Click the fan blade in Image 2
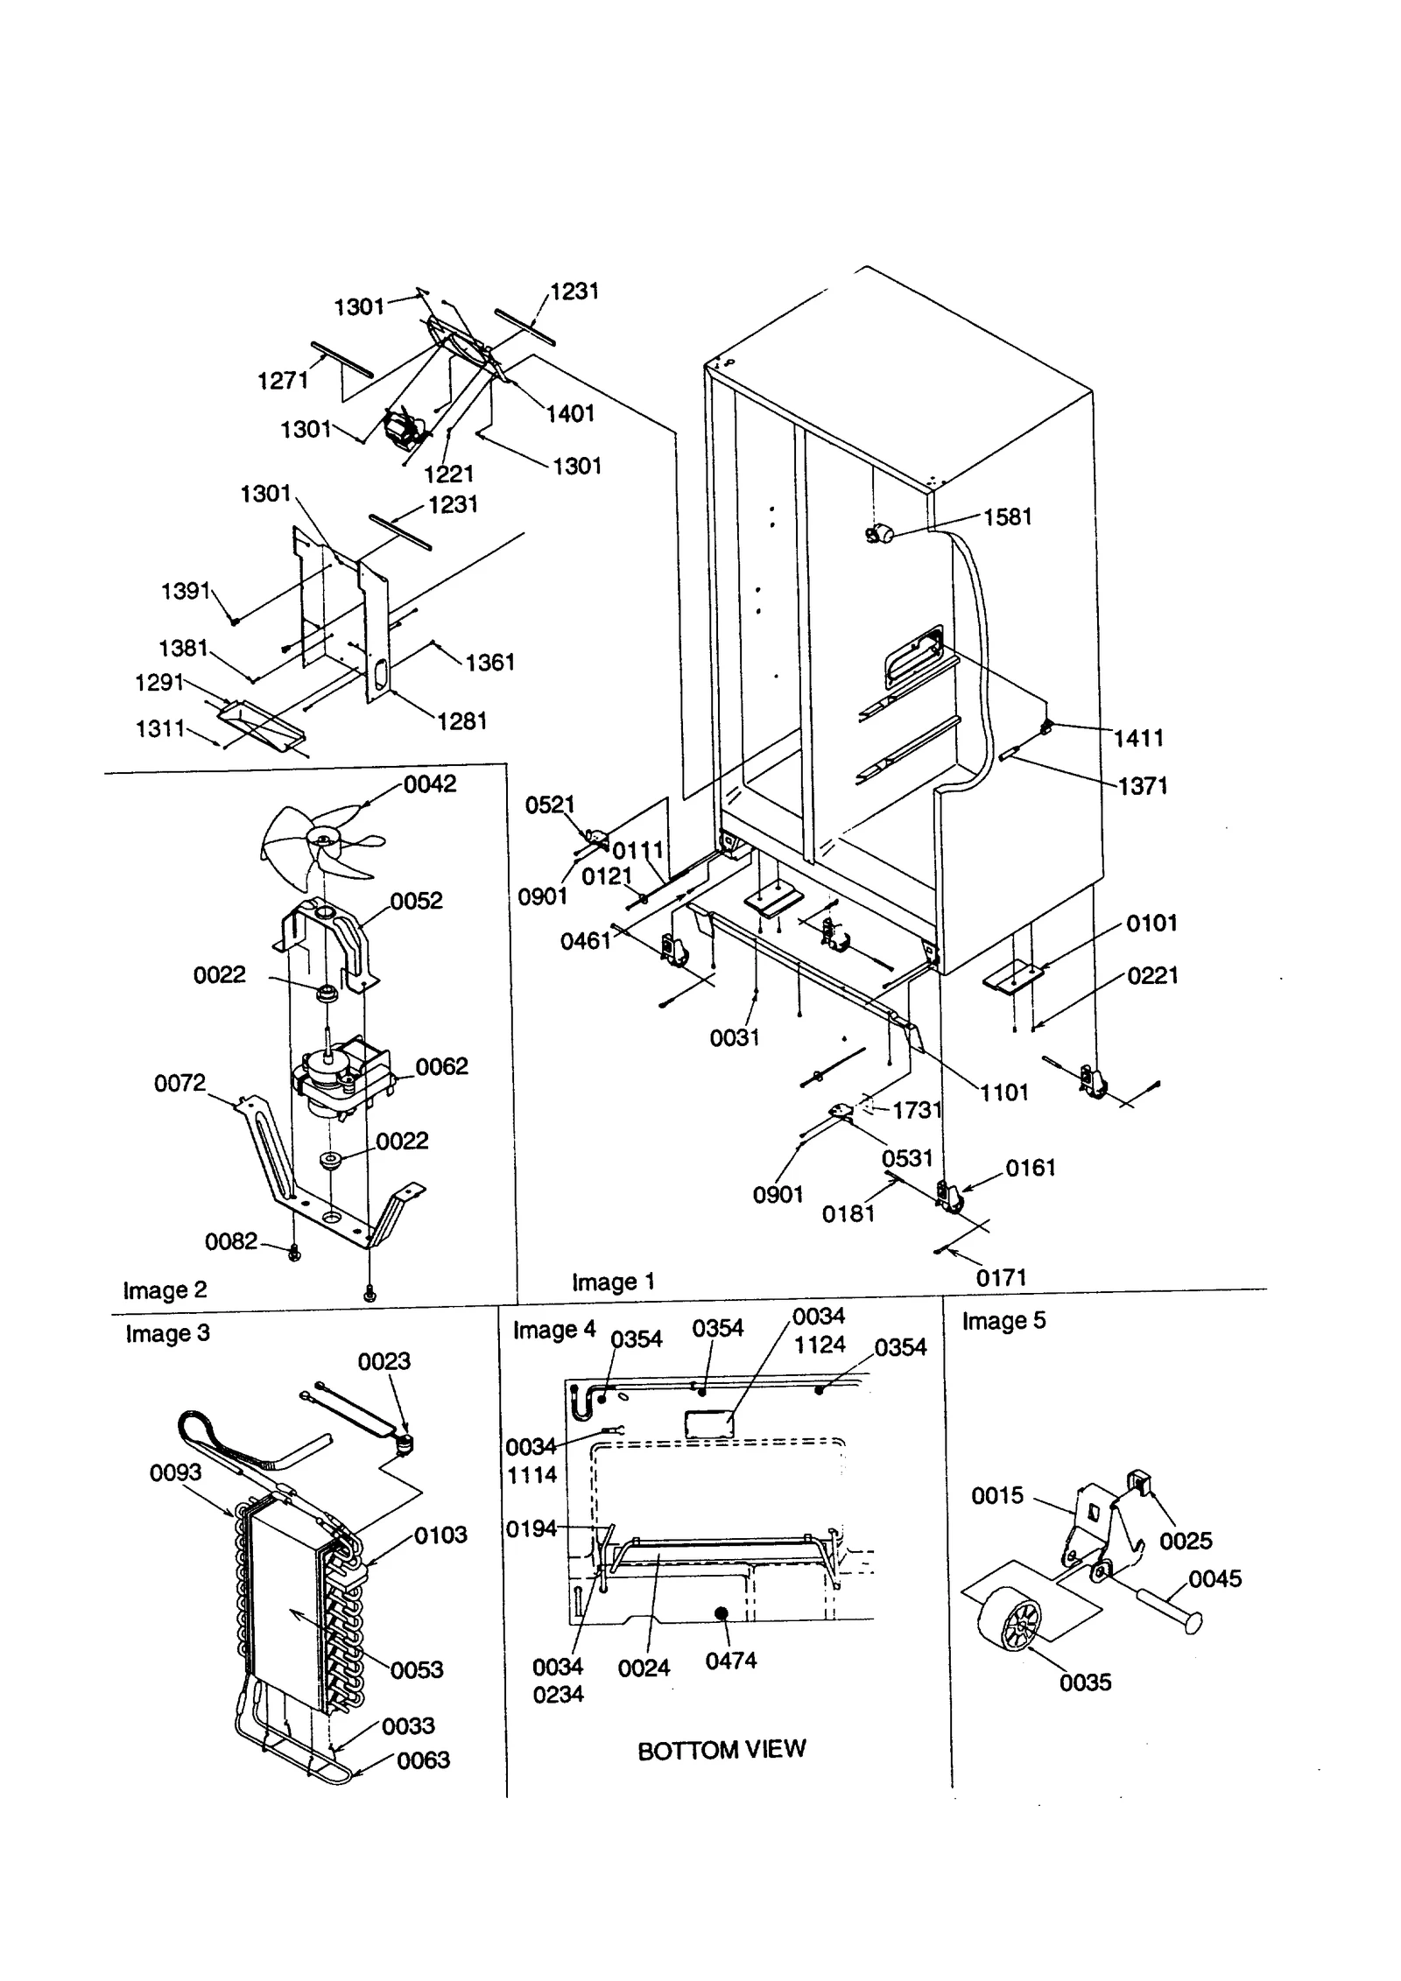[x=320, y=842]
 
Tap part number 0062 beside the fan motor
[x=441, y=1066]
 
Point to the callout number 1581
[x=1007, y=517]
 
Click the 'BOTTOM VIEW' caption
[x=721, y=1750]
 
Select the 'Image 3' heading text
[x=167, y=1333]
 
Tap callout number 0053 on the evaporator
[x=417, y=1669]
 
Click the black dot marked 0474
[x=722, y=1613]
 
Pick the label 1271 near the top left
[x=283, y=380]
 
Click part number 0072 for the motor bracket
[x=180, y=1083]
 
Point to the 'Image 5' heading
[x=1003, y=1321]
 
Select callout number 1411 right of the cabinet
[x=1138, y=738]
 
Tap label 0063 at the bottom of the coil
[x=423, y=1760]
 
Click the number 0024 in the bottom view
[x=644, y=1668]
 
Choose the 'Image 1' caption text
[x=613, y=1282]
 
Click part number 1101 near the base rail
[x=1003, y=1092]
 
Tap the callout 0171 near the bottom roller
[x=1001, y=1278]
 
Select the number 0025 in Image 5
[x=1186, y=1541]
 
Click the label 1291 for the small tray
[x=159, y=682]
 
